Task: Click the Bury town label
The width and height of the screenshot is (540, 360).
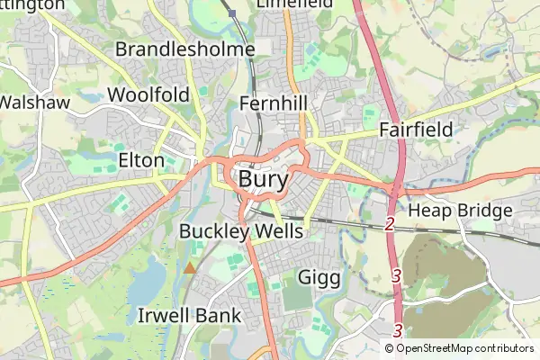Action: pyautogui.click(x=265, y=179)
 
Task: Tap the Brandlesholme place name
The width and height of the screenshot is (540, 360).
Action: pyautogui.click(x=184, y=49)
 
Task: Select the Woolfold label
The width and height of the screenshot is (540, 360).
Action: pyautogui.click(x=148, y=95)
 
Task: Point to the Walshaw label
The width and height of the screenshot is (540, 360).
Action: pyautogui.click(x=34, y=103)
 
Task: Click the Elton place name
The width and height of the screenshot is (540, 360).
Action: pyautogui.click(x=141, y=161)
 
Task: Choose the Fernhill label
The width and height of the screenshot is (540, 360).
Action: pyautogui.click(x=274, y=104)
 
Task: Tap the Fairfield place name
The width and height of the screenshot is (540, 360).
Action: pyautogui.click(x=415, y=130)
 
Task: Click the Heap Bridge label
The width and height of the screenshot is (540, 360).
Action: pyautogui.click(x=460, y=211)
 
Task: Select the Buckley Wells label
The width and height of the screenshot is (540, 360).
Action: pyautogui.click(x=241, y=231)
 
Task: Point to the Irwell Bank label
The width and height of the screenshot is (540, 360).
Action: pyautogui.click(x=190, y=315)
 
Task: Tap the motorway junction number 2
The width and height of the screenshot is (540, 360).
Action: pyautogui.click(x=390, y=223)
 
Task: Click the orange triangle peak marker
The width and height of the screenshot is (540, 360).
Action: pyautogui.click(x=189, y=267)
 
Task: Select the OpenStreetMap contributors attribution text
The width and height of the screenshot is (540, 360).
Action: pyautogui.click(x=464, y=348)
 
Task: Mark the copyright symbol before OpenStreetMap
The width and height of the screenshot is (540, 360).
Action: pyautogui.click(x=390, y=348)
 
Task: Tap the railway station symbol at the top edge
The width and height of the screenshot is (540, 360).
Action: pyautogui.click(x=232, y=13)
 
